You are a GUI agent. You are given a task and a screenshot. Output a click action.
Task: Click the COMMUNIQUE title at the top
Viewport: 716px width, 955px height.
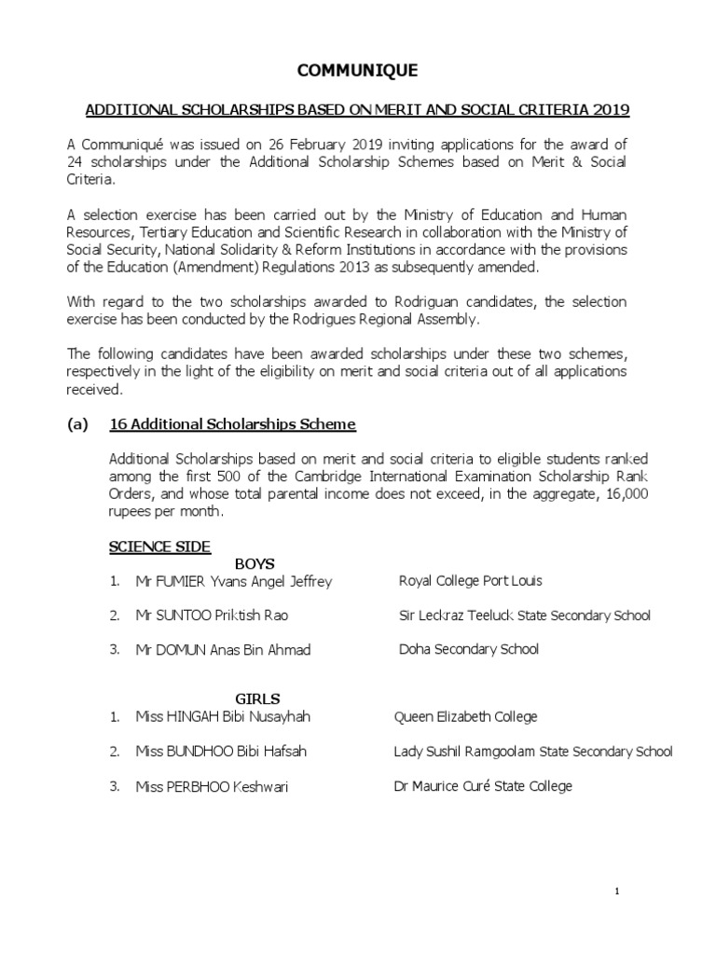357,71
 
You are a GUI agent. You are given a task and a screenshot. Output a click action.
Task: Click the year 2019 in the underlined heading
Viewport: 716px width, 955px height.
611,110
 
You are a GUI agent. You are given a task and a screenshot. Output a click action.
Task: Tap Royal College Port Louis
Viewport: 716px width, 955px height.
470,580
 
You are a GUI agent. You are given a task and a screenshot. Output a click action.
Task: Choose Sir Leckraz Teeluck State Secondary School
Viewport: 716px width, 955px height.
524,616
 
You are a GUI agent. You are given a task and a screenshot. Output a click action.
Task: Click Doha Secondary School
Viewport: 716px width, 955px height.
468,649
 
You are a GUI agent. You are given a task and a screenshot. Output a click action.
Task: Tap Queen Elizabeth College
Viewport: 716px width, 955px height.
466,717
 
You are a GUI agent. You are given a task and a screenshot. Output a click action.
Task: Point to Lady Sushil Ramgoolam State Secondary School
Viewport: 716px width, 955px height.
533,751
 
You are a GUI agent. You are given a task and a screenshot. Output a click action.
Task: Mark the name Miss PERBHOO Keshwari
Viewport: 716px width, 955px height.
212,787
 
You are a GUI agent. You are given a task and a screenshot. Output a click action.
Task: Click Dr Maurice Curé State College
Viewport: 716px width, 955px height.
483,786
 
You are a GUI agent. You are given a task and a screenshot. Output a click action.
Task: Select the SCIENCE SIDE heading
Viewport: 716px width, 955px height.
160,546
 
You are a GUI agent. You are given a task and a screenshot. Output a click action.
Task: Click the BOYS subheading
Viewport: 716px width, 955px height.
255,563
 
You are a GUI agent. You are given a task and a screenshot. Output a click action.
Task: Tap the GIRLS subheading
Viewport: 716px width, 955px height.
257,699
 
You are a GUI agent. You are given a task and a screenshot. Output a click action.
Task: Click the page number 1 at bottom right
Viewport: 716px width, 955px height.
616,892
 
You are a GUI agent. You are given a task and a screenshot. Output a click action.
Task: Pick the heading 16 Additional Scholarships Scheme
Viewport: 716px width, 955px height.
232,424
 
